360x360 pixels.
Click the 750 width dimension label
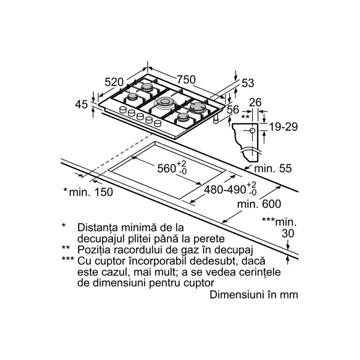point(186,80)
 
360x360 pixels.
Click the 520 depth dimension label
point(114,82)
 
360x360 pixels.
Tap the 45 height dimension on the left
point(81,104)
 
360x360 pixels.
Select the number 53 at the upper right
point(248,83)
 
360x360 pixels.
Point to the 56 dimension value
point(233,109)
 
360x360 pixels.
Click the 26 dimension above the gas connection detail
point(255,102)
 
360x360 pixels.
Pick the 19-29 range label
point(283,127)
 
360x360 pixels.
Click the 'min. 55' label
point(273,168)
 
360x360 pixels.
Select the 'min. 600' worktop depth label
point(259,204)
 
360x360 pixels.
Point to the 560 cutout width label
point(172,167)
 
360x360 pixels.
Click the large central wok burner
point(165,102)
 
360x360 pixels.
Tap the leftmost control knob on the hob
point(123,110)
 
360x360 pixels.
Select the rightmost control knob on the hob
point(158,123)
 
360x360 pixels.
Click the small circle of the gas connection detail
point(252,130)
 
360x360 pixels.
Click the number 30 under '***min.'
point(288,234)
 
